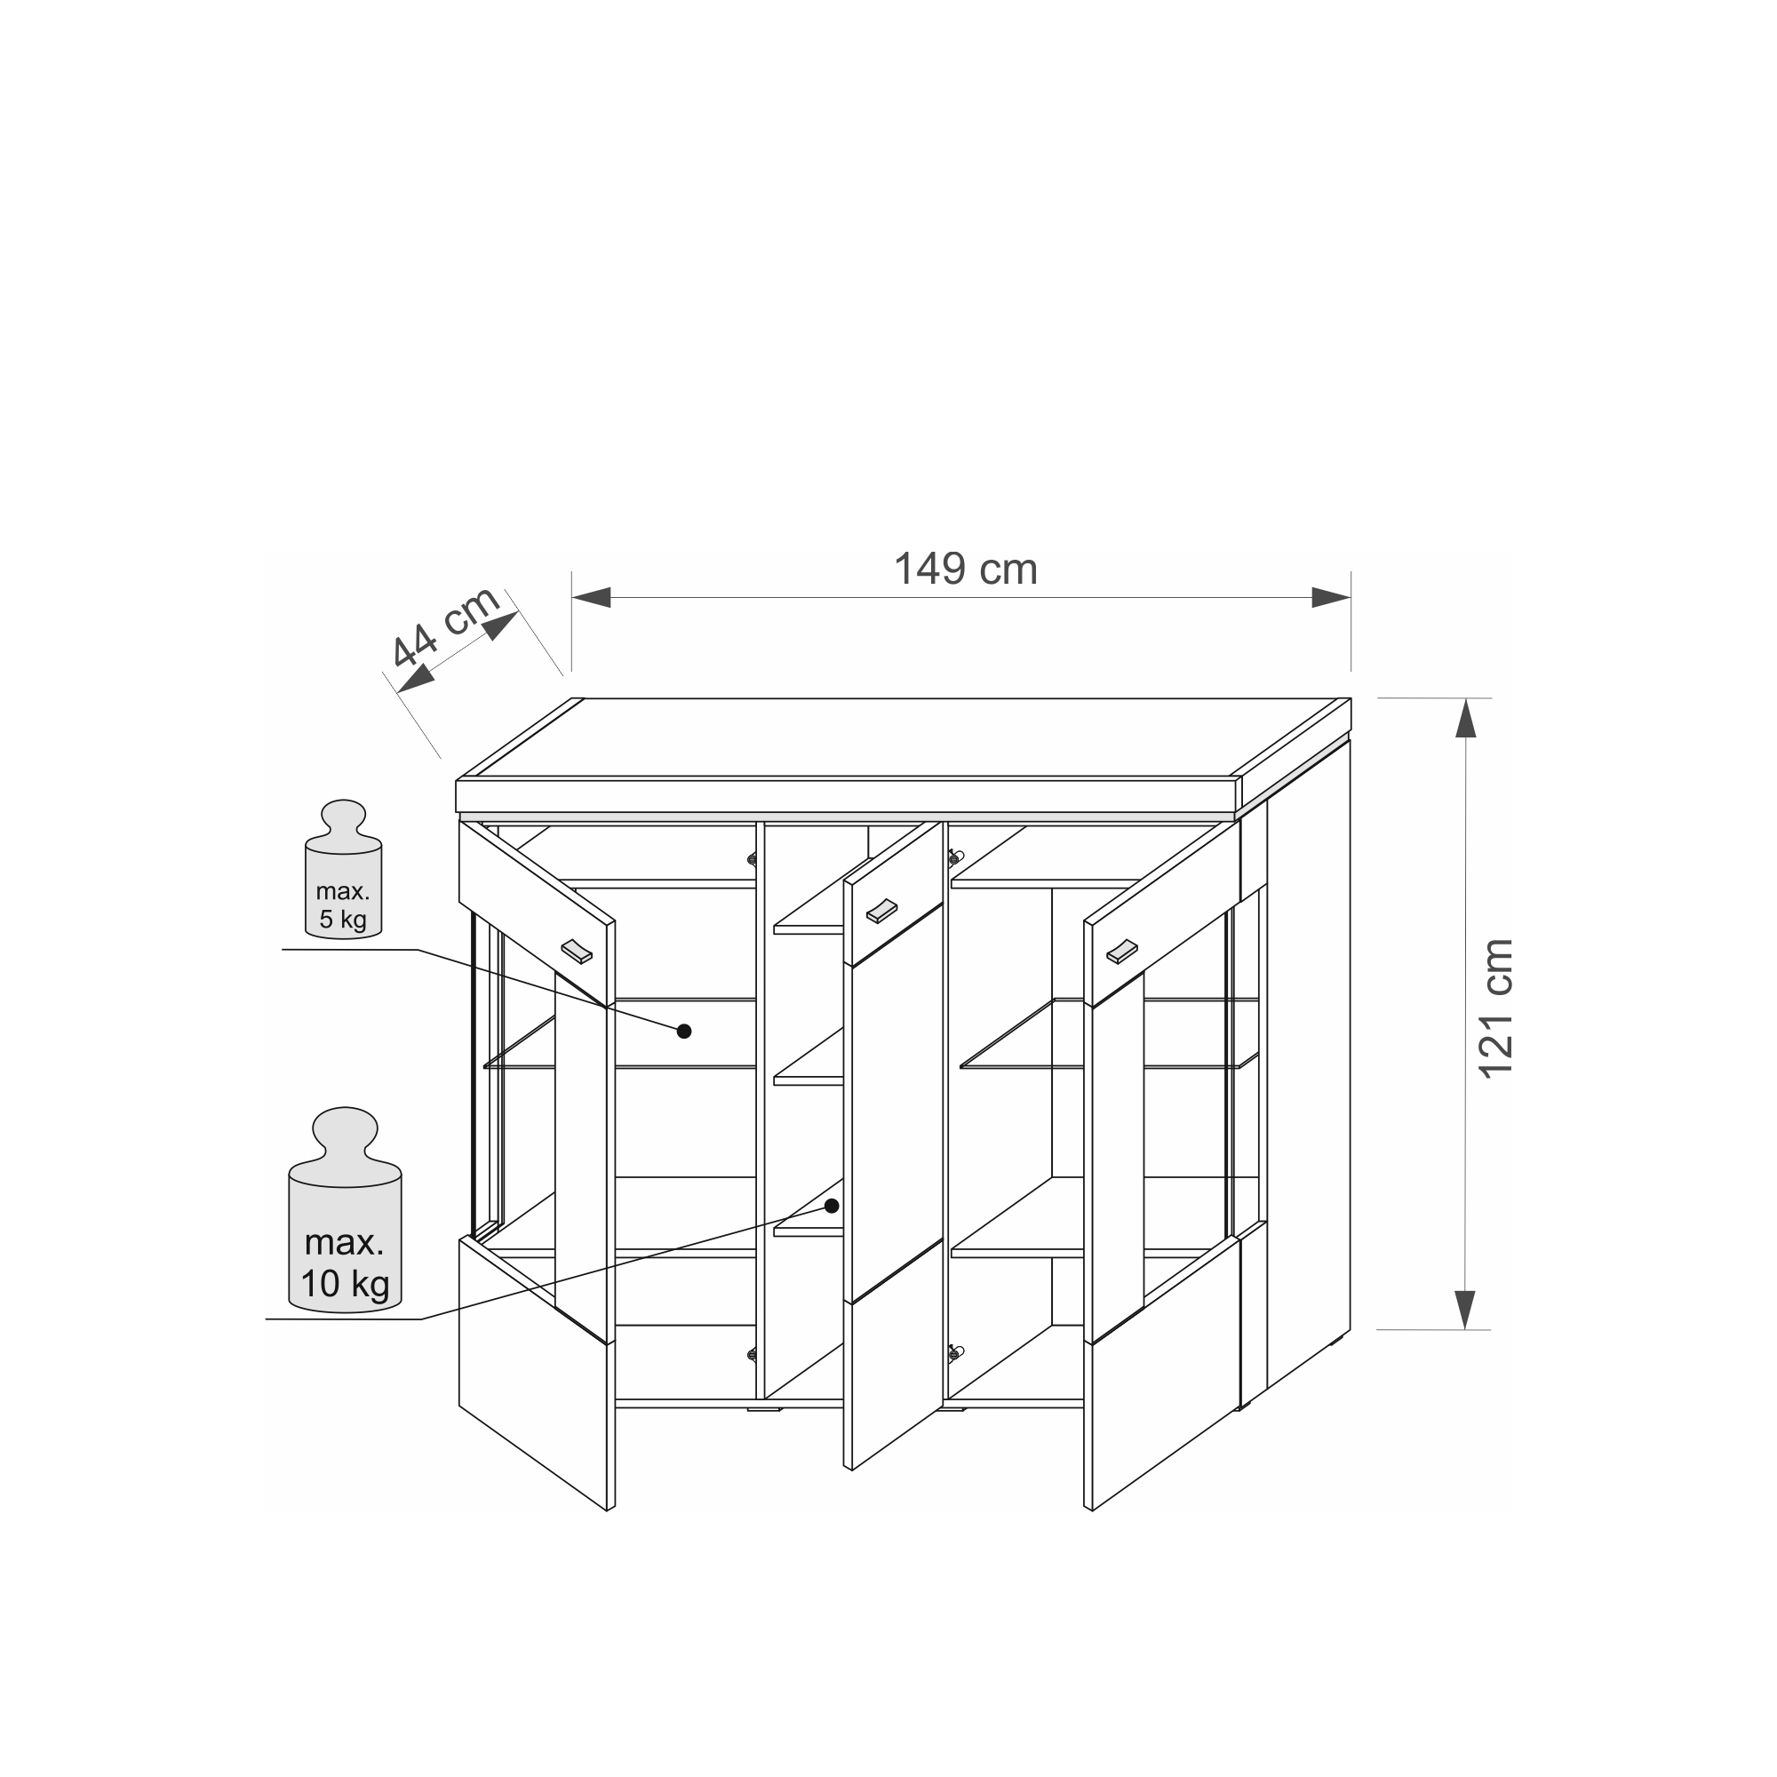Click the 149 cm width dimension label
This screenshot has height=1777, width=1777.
click(x=965, y=570)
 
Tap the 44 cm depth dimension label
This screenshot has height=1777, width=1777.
click(x=445, y=626)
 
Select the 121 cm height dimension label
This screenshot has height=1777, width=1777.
click(x=1494, y=1008)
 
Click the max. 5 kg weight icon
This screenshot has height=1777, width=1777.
click(x=343, y=869)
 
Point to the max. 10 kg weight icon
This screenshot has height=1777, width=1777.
click(x=345, y=1208)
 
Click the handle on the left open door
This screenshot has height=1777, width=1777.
click(x=578, y=951)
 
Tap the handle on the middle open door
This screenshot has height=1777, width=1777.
click(x=881, y=910)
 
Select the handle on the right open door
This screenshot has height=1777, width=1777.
click(x=1122, y=952)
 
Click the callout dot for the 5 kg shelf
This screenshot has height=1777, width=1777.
click(x=683, y=1031)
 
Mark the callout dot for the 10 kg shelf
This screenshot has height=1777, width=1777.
click(x=832, y=1206)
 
